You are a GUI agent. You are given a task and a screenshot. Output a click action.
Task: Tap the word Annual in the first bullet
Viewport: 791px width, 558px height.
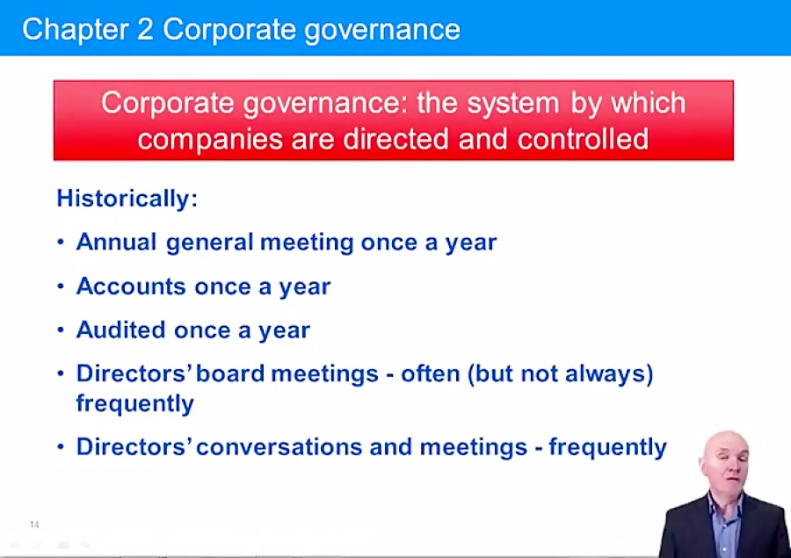(117, 243)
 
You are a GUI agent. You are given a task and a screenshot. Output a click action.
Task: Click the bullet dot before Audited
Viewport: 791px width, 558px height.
(61, 330)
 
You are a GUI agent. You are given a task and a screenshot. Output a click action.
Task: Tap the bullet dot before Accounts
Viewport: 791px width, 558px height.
(61, 286)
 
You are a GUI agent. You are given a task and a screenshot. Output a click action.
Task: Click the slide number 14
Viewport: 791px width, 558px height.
(34, 525)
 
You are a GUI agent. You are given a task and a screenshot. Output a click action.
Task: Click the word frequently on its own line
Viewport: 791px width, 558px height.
(134, 404)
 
